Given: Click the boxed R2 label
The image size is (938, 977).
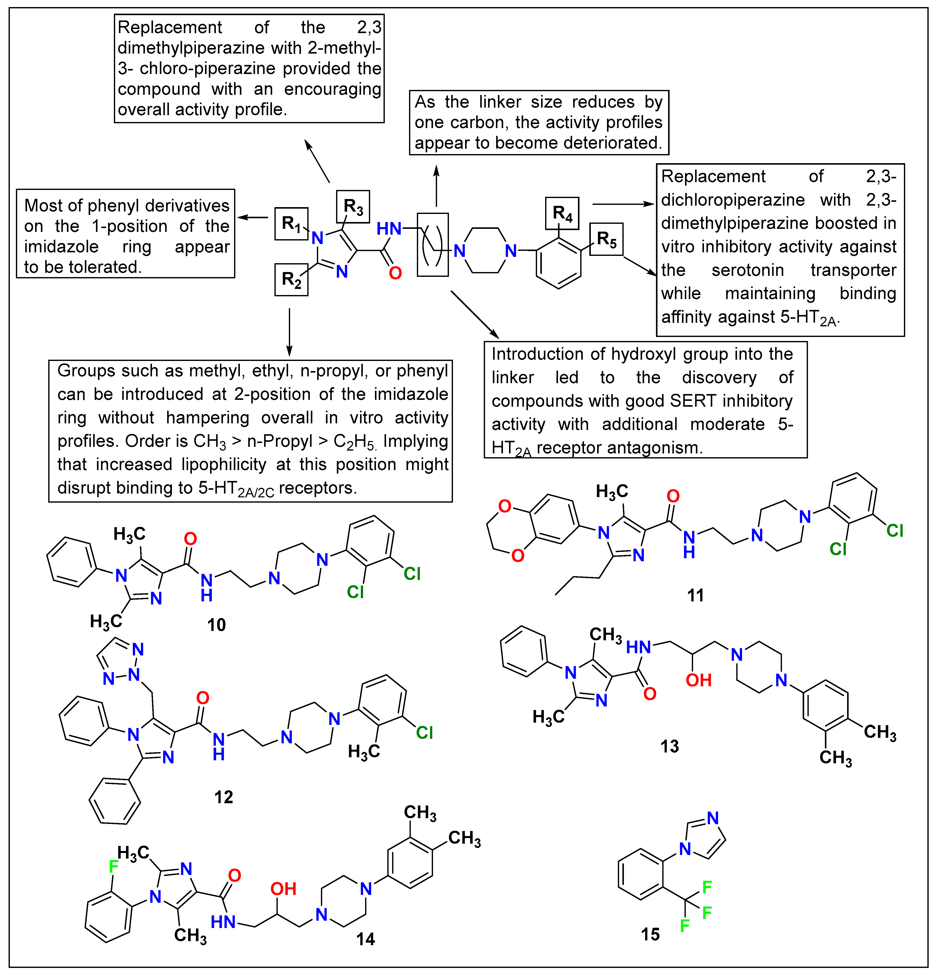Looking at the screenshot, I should pos(292,280).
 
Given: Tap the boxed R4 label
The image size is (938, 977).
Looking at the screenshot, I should pos(562,213).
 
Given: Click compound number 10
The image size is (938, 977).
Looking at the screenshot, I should pos(216,625).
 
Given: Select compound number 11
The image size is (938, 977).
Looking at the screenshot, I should pos(695,595).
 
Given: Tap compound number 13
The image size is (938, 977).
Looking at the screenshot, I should pos(669,746).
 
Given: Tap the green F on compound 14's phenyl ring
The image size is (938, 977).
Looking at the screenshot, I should pos(114,866).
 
